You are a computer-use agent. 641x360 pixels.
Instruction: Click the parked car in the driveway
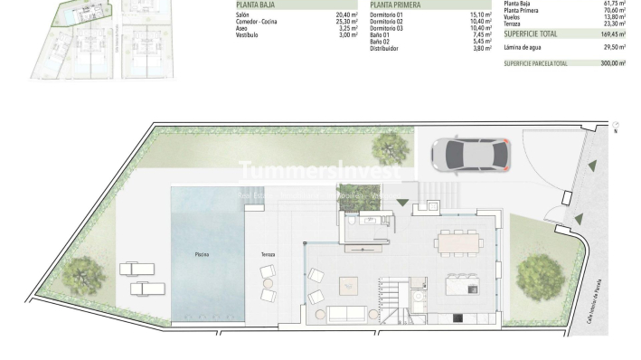click(469, 154)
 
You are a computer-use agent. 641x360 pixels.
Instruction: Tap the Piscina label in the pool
click(203, 255)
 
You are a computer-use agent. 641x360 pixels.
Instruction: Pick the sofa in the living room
click(346, 314)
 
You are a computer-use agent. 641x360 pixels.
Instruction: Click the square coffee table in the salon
click(349, 285)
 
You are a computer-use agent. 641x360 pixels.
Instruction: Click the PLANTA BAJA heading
click(256, 5)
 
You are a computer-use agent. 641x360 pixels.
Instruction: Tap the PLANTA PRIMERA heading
click(396, 5)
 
